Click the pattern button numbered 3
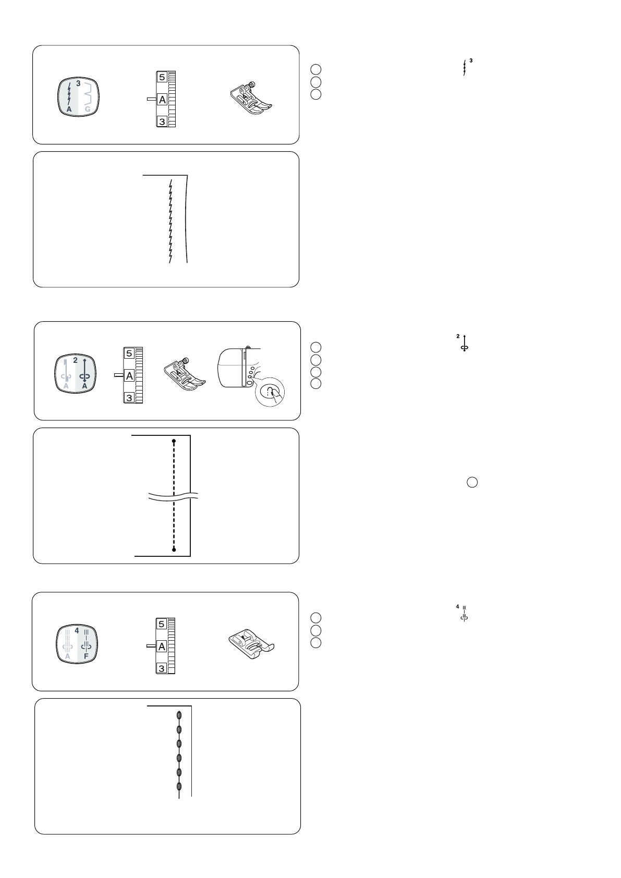pyautogui.click(x=78, y=98)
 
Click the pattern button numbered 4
pyautogui.click(x=77, y=644)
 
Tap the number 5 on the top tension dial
pyautogui.click(x=162, y=77)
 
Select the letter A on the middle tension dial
pyautogui.click(x=129, y=375)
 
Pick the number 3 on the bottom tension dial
pyautogui.click(x=161, y=668)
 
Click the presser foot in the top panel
pyautogui.click(x=251, y=98)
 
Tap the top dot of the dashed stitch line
pyautogui.click(x=174, y=441)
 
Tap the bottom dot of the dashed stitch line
pyautogui.click(x=174, y=549)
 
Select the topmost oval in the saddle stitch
pyautogui.click(x=179, y=715)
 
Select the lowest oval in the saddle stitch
pyautogui.click(x=179, y=786)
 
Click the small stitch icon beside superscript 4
pyautogui.click(x=464, y=614)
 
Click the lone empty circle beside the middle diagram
pyautogui.click(x=472, y=482)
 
